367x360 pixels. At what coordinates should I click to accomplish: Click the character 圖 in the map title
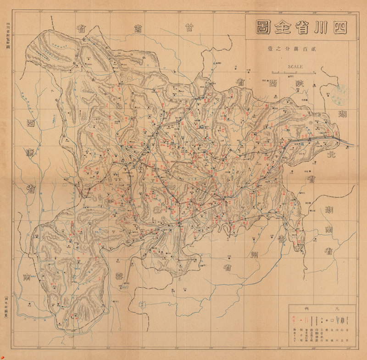click(260, 27)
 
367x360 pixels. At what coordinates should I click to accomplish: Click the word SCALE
click(295, 66)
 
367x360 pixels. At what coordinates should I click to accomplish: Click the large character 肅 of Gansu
click(136, 28)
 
